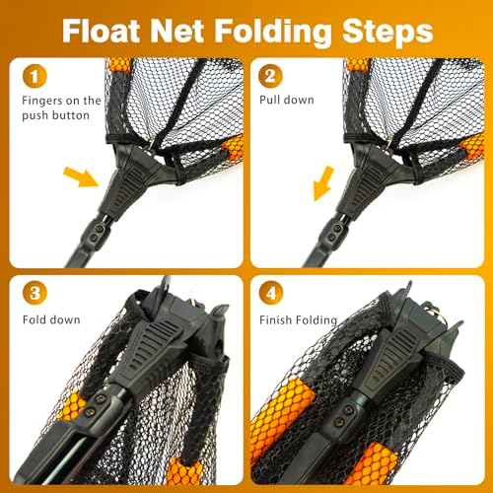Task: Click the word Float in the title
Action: pos(101,31)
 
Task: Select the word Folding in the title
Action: pos(272,33)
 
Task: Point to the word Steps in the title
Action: pos(387,33)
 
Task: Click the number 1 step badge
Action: pos(35,76)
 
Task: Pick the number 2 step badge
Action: pos(270,76)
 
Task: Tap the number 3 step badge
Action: pos(35,293)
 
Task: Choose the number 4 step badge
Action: pos(271,293)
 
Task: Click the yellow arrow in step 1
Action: pos(81,176)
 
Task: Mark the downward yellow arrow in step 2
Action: pos(323,183)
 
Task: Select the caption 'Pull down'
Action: pos(287,100)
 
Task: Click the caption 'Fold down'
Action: pos(51,319)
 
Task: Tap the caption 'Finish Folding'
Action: pos(298,319)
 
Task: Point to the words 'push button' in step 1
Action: pos(55,115)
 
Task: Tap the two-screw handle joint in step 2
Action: pos(334,233)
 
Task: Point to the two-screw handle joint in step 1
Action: pos(98,233)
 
